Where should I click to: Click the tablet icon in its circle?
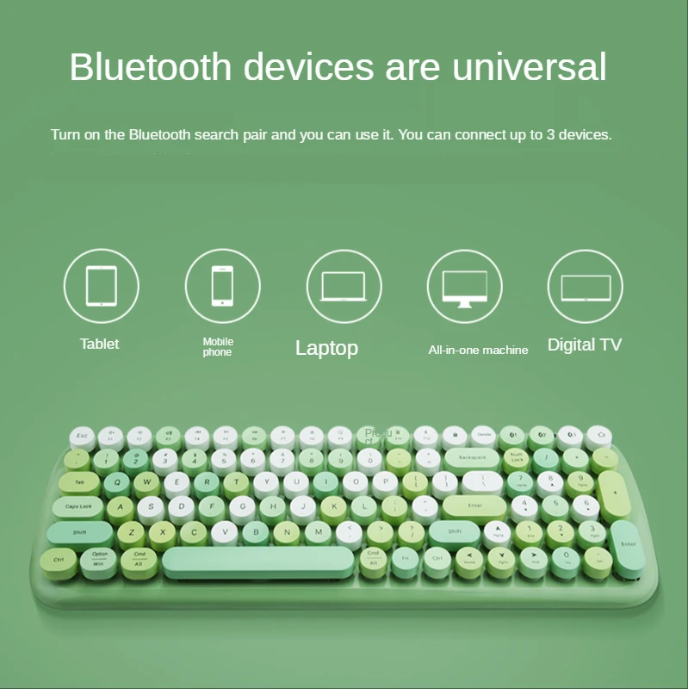102,286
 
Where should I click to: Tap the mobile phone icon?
223,286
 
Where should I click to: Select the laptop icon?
344,286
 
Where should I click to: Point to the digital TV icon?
586,287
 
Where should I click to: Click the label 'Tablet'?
100,344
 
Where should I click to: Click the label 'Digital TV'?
585,345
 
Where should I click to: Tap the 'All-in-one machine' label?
479,350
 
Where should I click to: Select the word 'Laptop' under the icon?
326,348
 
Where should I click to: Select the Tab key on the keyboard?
80,482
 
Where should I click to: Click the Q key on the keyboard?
122,482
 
